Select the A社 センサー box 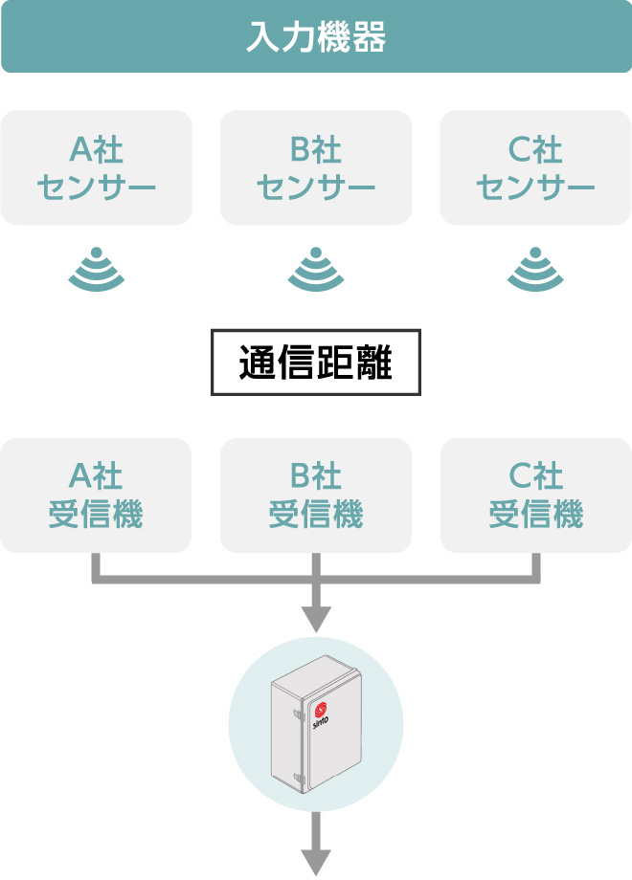point(97,167)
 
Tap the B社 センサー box point(316,167)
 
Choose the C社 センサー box point(535,167)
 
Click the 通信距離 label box point(316,363)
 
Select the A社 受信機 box point(97,495)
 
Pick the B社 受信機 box point(316,495)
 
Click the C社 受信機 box point(535,495)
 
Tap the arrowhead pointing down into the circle point(316,619)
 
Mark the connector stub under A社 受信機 point(97,566)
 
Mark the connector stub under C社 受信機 point(536,566)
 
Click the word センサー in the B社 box point(316,186)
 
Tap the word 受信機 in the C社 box point(535,515)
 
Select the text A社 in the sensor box point(97,149)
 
